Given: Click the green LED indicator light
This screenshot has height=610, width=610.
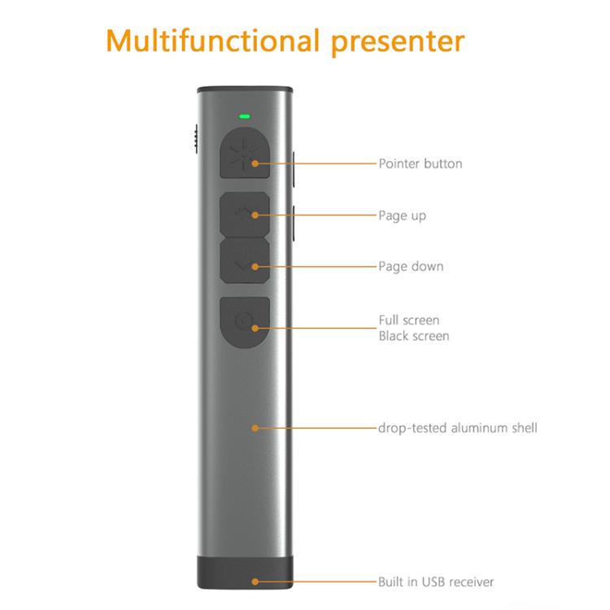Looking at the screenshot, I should [243, 115].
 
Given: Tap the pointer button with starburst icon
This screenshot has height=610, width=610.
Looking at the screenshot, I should [245, 155].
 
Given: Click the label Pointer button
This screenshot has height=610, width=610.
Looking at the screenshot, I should [420, 163].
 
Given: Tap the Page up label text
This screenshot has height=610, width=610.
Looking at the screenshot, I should [402, 216].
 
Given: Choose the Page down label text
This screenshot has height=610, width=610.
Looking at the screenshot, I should [411, 266].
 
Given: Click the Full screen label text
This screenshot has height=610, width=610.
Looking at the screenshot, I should [409, 320].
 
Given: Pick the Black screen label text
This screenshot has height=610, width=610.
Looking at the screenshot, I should [413, 336].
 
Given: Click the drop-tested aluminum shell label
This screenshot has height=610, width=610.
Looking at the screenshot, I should [457, 427].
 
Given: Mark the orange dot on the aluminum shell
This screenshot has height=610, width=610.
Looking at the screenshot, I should [255, 427].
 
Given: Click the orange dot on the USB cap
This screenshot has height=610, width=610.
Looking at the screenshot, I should [255, 582].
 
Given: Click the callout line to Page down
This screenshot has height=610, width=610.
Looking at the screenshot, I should [317, 266].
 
